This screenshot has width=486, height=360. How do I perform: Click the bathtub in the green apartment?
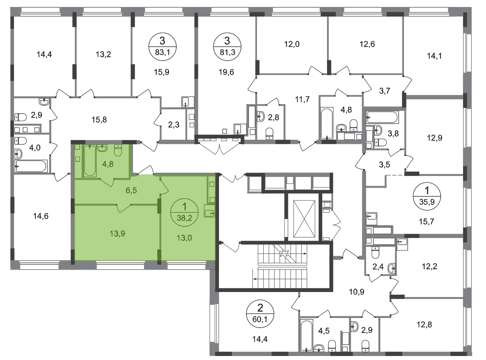(90, 161)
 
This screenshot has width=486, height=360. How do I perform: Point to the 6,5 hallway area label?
(131, 191)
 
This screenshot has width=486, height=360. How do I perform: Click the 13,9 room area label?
(117, 234)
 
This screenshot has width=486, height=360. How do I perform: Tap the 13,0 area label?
(184, 238)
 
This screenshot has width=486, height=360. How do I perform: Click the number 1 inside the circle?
(184, 207)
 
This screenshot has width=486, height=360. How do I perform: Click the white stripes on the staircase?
(282, 266)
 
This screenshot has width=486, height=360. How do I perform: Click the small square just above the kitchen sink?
(211, 200)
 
